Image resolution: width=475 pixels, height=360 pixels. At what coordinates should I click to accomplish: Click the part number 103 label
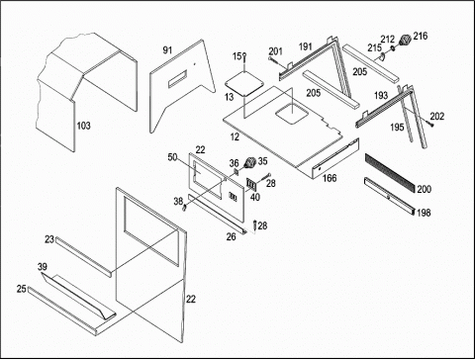click(83, 126)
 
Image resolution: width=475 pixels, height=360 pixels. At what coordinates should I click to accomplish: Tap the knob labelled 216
click(405, 41)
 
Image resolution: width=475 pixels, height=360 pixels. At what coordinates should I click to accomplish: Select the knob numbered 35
click(250, 162)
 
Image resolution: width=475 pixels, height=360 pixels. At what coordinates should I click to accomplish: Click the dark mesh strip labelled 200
click(389, 173)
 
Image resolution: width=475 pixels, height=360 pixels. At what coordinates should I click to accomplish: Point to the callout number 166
click(330, 178)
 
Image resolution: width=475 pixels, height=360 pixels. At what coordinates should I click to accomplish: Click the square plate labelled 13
click(244, 84)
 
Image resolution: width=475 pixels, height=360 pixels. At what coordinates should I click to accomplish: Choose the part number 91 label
click(167, 50)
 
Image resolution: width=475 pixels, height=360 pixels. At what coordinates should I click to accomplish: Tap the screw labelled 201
click(274, 60)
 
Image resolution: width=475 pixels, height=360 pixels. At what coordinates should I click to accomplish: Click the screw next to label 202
click(429, 124)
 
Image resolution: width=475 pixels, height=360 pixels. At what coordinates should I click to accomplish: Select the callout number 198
click(424, 213)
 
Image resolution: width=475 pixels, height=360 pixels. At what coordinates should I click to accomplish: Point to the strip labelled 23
click(83, 257)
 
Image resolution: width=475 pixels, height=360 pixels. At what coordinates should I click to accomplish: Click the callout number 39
click(43, 267)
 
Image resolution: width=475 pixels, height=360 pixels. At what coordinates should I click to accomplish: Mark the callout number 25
click(22, 289)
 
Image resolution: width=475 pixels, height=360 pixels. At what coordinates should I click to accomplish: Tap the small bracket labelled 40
click(251, 185)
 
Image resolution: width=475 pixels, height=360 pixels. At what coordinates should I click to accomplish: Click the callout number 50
click(172, 157)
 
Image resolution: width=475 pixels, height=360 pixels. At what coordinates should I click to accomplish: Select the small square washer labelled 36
click(237, 171)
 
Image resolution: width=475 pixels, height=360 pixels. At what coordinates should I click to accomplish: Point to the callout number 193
click(381, 95)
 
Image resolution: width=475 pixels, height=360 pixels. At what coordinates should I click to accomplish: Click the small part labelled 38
click(185, 209)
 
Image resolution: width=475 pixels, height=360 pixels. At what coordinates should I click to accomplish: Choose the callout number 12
click(235, 136)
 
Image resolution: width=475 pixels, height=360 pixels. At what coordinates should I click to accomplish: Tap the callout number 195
click(397, 127)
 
